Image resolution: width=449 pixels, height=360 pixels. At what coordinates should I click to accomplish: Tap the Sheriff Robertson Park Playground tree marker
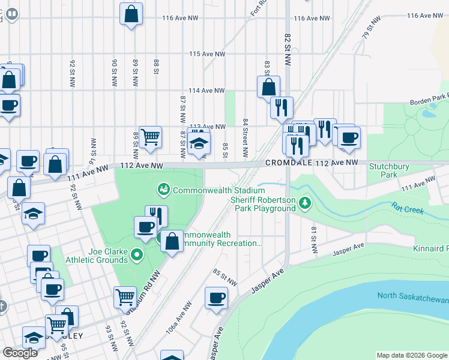pos(306,203)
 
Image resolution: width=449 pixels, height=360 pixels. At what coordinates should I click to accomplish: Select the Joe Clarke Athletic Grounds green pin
pos(136,255)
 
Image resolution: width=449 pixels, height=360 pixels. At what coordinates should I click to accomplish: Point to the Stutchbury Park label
pos(384,171)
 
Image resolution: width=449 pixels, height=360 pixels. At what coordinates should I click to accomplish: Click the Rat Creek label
pos(409,211)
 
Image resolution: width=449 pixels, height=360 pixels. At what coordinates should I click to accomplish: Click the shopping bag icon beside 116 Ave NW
pos(131,14)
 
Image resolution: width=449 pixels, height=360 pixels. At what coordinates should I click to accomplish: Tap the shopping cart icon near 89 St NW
pos(150,137)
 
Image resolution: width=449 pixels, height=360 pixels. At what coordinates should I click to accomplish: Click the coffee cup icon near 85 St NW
pos(217,298)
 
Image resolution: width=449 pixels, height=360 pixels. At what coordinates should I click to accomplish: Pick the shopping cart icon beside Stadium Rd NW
pos(125,297)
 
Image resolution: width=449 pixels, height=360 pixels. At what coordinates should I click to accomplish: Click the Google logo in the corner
pos(20,353)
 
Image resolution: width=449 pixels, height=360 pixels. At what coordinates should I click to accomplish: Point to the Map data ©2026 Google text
pos(411,355)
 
